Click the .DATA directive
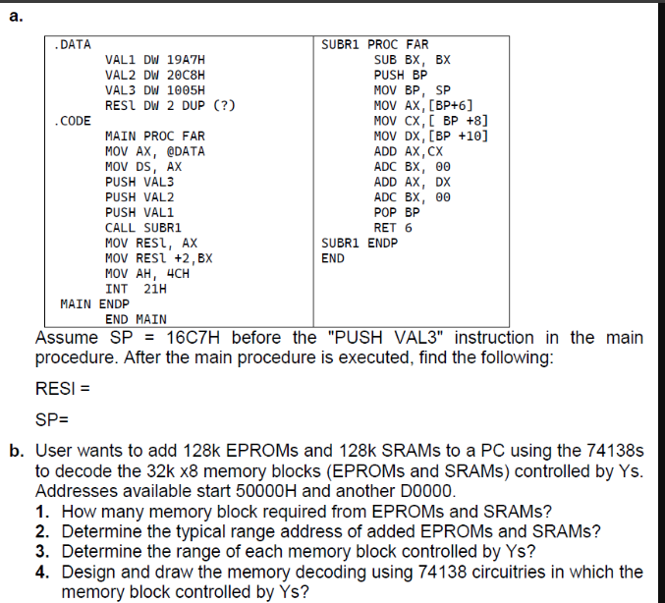click(x=74, y=45)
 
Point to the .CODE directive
click(x=74, y=121)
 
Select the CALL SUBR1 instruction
click(x=143, y=227)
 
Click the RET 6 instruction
click(x=393, y=227)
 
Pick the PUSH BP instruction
click(x=401, y=76)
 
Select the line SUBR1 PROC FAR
click(x=375, y=45)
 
